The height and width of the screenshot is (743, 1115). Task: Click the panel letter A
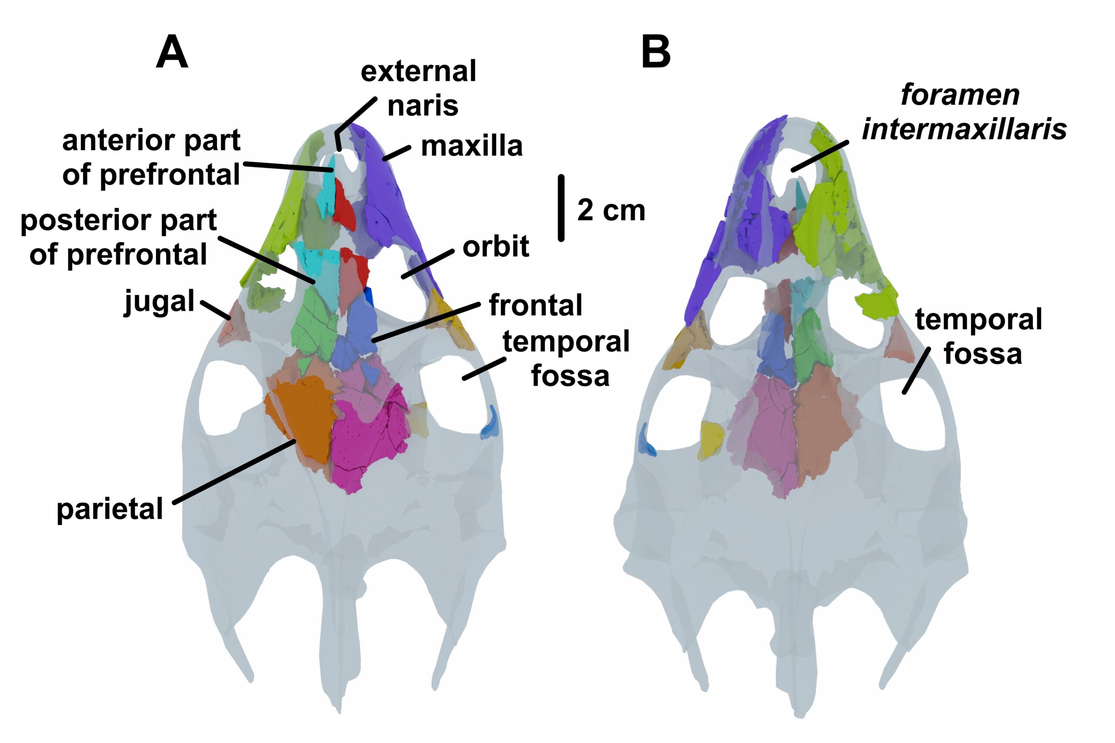click(x=172, y=53)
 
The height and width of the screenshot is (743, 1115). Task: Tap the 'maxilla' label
click(x=472, y=146)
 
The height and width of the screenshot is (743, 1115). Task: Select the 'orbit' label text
click(x=495, y=247)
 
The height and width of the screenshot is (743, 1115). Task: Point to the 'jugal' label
click(x=159, y=302)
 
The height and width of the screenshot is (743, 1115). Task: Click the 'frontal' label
click(x=535, y=305)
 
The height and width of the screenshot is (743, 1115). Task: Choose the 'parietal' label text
click(x=109, y=510)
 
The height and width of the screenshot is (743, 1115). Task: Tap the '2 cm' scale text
click(x=611, y=210)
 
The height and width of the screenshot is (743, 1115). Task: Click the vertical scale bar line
click(x=561, y=208)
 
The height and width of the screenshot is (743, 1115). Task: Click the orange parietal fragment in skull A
click(x=303, y=417)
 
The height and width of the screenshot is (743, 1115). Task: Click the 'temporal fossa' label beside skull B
click(x=979, y=336)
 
